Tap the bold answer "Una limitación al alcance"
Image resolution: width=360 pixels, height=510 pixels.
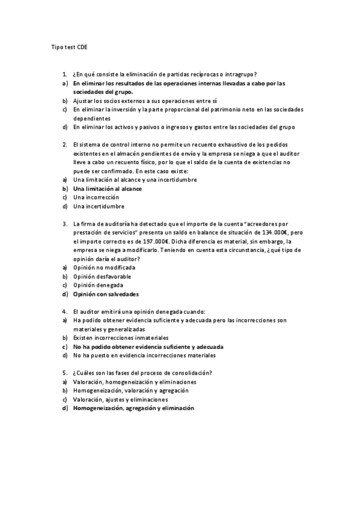point(107,188)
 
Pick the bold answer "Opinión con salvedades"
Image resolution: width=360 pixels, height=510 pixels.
point(106,294)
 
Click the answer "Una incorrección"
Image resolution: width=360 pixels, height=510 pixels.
point(96,197)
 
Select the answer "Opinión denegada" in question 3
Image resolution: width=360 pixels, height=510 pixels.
point(98,285)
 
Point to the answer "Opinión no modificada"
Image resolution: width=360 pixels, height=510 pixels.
point(104,267)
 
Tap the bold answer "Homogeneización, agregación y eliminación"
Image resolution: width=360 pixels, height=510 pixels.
point(133,408)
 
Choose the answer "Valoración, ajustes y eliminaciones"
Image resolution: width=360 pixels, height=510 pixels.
point(120,399)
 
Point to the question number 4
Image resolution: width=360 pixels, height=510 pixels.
point(64,312)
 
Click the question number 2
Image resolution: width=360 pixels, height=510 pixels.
point(64,144)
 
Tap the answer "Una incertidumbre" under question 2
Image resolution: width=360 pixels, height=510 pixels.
point(99,206)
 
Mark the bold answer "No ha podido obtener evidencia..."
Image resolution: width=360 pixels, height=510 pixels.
point(148,347)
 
